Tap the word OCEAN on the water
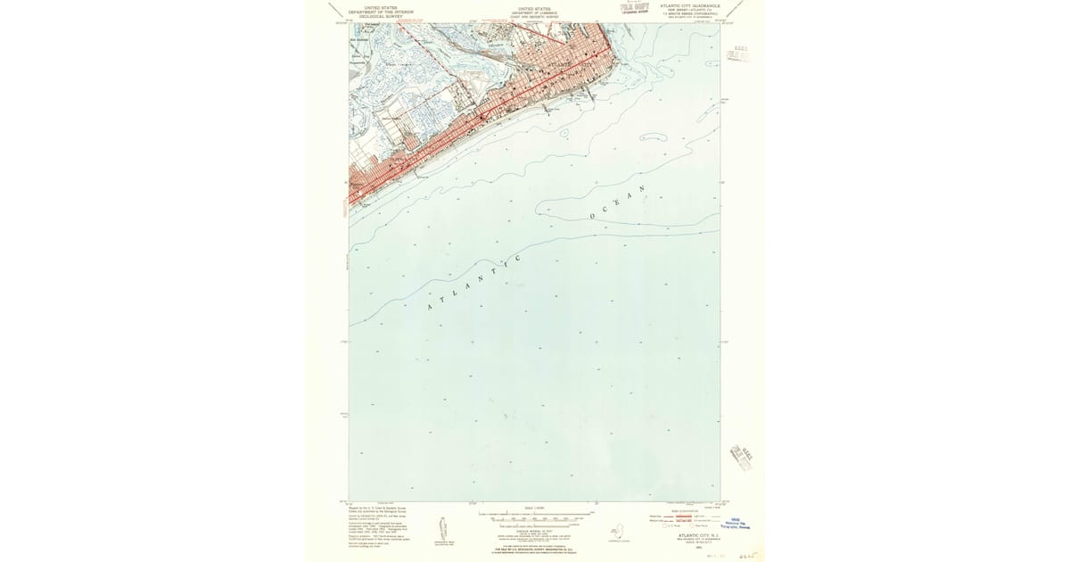point(615,206)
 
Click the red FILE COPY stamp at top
point(633,9)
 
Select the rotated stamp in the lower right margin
point(741,455)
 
